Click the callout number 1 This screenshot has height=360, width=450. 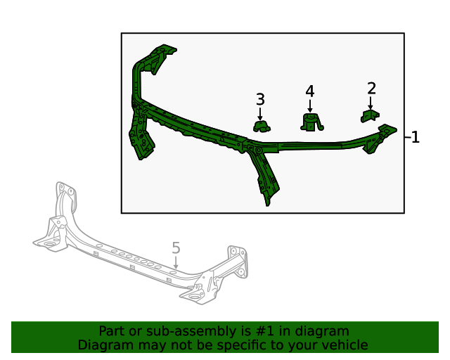coord(416,137)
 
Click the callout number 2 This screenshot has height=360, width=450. coord(371,89)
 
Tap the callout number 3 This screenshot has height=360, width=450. coord(260,99)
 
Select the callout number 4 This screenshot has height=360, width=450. coord(310,91)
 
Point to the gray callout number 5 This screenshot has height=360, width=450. coord(176,247)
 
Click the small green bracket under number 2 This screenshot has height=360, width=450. coord(371,115)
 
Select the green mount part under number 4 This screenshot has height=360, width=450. coord(311,123)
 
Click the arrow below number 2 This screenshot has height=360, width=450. coord(371,103)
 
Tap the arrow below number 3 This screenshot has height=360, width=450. coord(260,113)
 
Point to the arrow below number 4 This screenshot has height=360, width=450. coord(310,105)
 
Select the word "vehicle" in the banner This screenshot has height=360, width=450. coord(343,345)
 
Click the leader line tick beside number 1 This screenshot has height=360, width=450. coord(407,137)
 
